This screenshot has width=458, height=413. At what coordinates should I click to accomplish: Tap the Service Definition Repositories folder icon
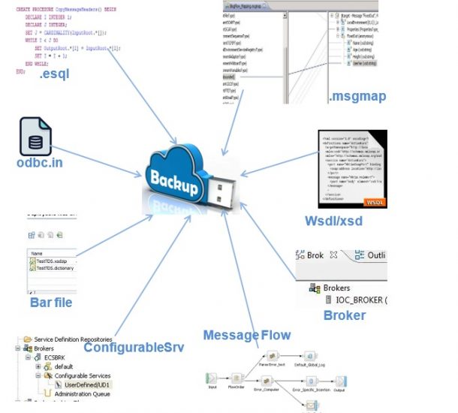[28, 339]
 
